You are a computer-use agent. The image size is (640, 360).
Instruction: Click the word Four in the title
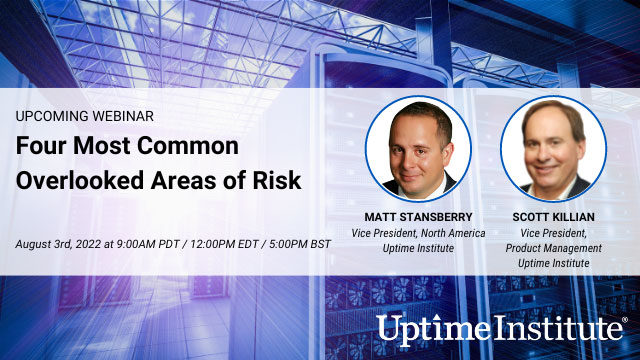point(41,146)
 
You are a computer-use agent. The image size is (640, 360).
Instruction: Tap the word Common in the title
point(189,146)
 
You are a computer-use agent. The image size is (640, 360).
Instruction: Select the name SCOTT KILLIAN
point(553,218)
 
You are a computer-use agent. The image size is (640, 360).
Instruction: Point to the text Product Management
point(553,248)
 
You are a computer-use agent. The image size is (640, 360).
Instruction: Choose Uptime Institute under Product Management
point(553,262)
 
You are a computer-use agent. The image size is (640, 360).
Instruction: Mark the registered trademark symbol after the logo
point(625,320)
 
